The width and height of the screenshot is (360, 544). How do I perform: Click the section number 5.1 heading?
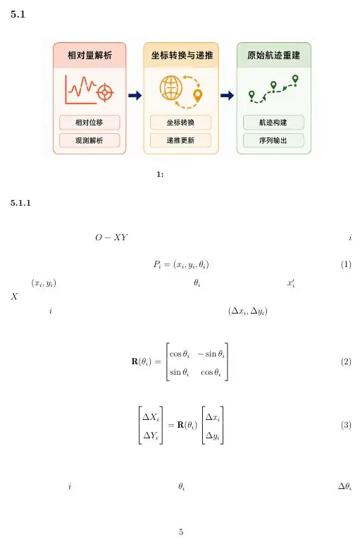pos(18,14)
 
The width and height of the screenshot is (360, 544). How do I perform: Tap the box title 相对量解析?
pos(90,55)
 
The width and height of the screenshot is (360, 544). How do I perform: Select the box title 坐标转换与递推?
pos(182,55)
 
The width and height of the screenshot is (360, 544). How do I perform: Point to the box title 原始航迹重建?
pos(273,55)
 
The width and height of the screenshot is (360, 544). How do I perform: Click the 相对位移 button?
pos(89,123)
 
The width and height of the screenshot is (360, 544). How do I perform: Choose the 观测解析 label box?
pos(89,140)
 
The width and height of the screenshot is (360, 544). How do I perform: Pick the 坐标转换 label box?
pos(180,123)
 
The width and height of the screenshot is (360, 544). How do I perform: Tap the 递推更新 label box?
pos(180,140)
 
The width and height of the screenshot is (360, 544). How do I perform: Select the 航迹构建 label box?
pos(273,123)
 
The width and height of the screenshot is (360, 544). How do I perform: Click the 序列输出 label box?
pos(273,140)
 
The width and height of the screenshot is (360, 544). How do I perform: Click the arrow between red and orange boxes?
pos(135,95)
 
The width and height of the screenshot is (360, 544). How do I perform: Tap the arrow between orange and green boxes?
pos(227,95)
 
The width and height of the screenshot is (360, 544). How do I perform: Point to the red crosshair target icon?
pos(105,92)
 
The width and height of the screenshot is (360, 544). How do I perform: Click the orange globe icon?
pos(171,88)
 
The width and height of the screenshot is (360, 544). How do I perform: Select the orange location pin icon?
pos(198,96)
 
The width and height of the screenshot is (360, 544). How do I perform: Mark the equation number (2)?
pos(346,361)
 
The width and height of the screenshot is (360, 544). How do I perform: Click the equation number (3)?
pos(346,425)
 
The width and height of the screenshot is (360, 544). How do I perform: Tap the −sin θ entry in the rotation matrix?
pos(211,354)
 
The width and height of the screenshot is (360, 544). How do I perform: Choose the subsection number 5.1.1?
pos(20,203)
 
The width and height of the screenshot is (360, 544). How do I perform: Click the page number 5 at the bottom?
pos(181,531)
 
